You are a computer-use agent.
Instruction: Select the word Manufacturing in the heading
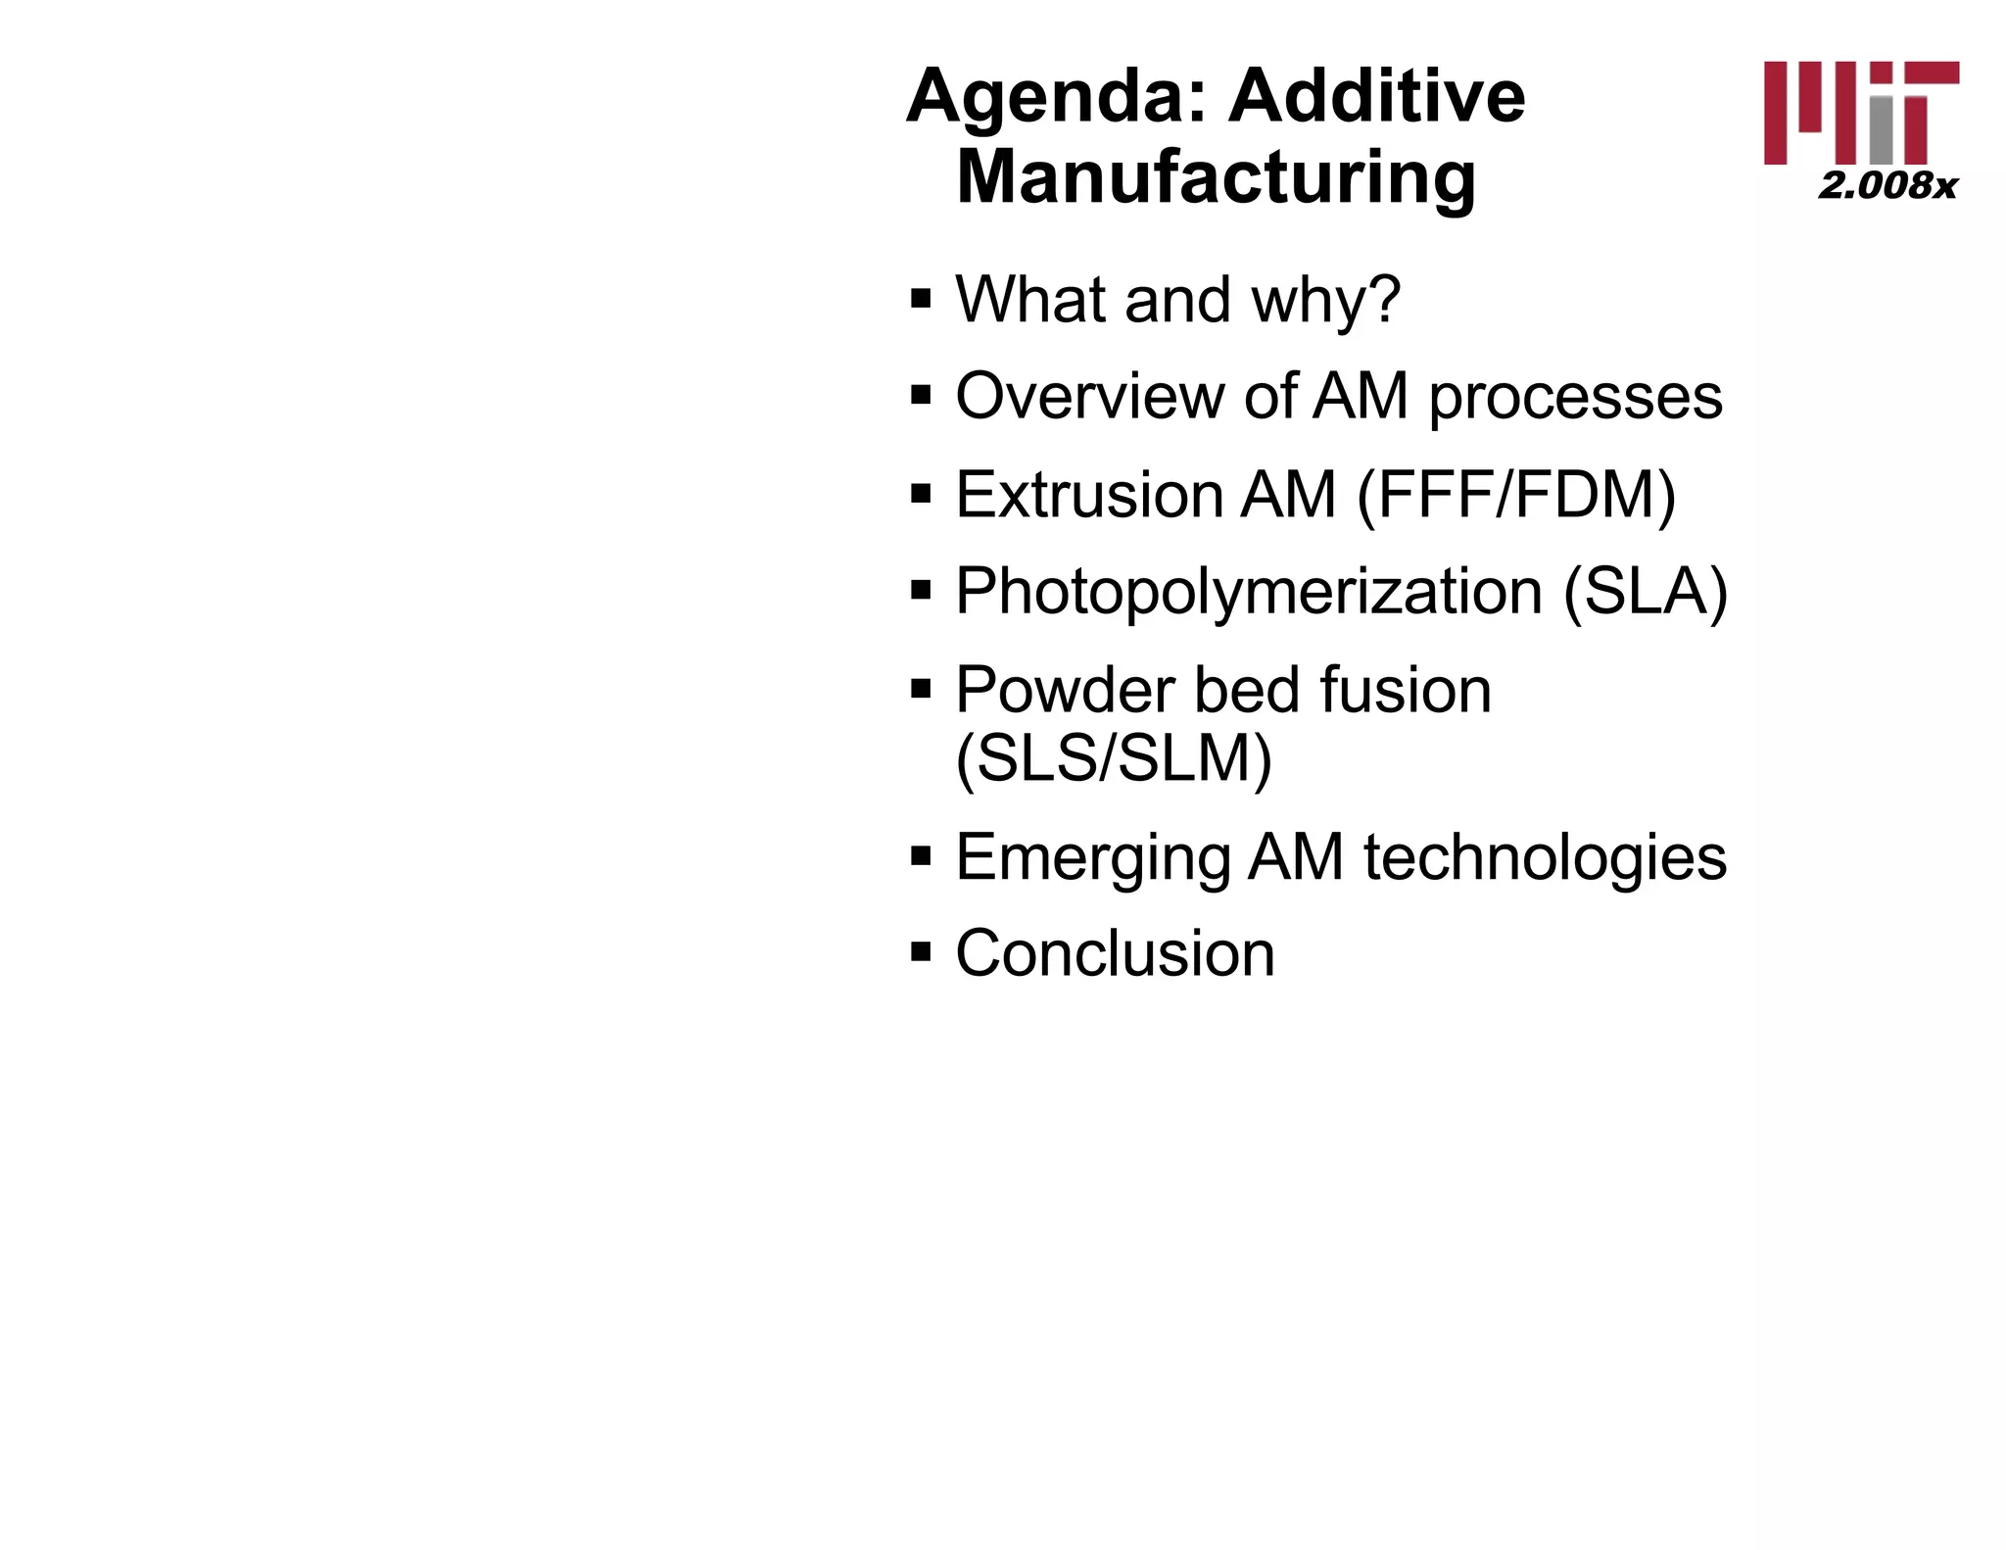tap(1216, 177)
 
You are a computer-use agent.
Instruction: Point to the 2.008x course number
tap(1887, 185)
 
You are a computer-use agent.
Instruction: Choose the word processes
tap(1575, 398)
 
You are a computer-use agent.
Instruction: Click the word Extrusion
tap(1088, 494)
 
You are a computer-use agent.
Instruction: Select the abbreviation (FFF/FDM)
tap(1516, 495)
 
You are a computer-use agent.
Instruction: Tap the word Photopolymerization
tap(1249, 593)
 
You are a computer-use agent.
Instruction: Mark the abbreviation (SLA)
tap(1646, 592)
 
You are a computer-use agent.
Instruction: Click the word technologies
tap(1545, 856)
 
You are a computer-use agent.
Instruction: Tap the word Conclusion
tap(1115, 953)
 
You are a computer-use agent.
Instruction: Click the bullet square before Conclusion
tap(920, 951)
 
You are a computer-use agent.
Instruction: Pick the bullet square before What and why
tap(920, 296)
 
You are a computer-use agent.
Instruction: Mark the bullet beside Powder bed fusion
tap(920, 688)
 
